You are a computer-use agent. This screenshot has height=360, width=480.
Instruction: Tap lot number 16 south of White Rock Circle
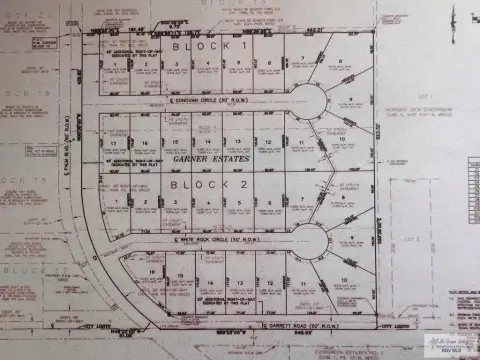point(151,273)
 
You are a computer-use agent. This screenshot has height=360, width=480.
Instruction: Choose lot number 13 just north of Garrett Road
point(238,284)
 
